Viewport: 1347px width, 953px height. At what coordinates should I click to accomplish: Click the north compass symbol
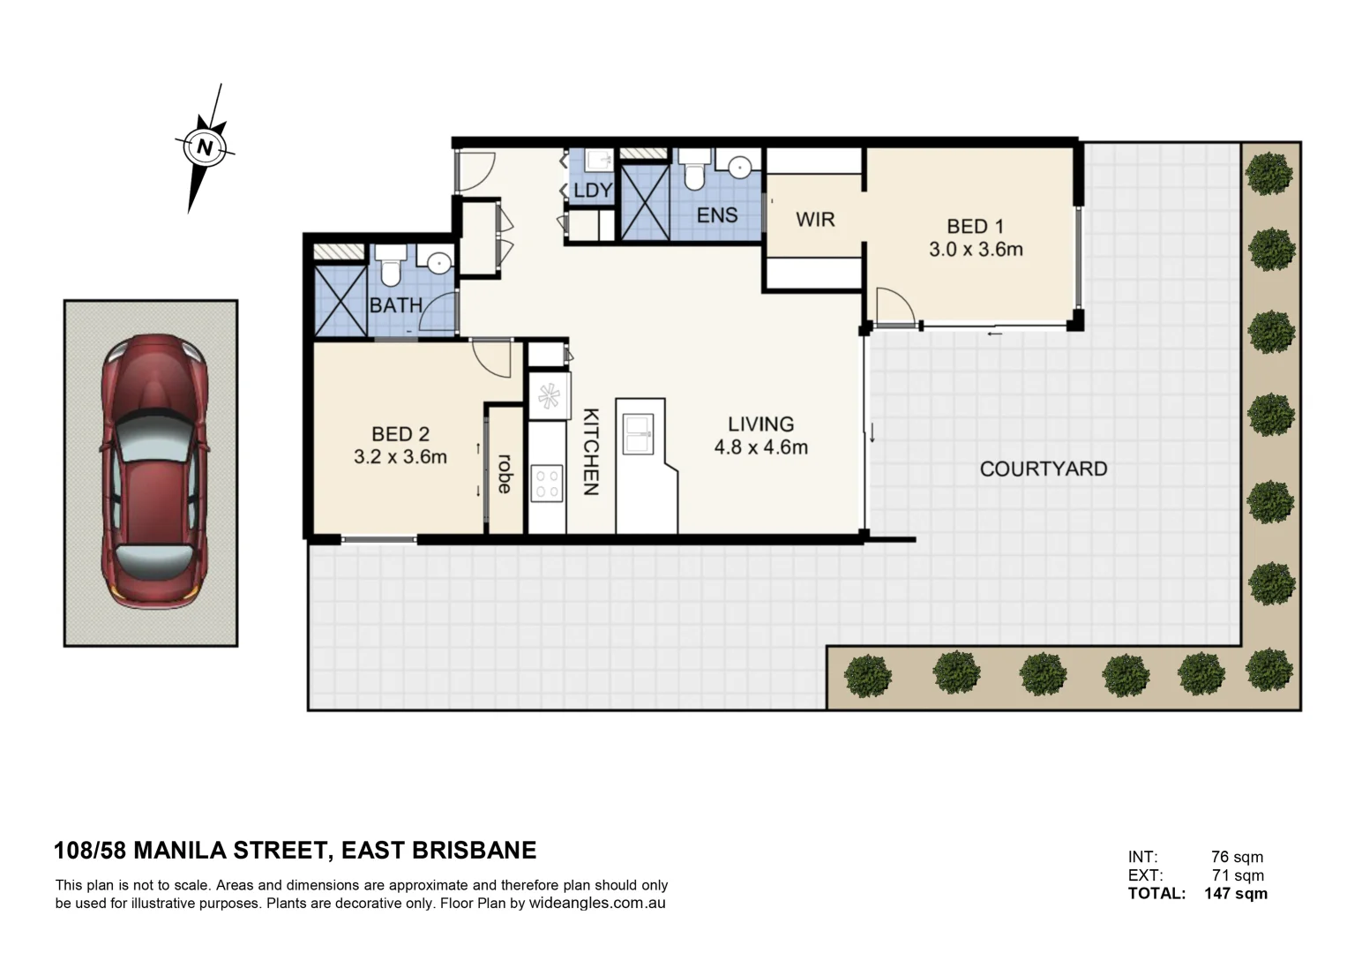point(206,146)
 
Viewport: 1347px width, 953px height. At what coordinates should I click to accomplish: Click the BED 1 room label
point(975,227)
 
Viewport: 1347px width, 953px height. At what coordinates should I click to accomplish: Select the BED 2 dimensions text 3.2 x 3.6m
point(400,457)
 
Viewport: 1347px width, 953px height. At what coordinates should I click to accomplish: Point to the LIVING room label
point(760,424)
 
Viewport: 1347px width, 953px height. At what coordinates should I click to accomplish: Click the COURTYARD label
point(1043,469)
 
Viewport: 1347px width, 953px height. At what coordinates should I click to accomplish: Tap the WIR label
point(814,219)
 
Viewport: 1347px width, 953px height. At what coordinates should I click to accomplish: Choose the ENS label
point(716,214)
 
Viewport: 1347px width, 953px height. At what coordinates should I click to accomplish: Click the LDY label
point(592,191)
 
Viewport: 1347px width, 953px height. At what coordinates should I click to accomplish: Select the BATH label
point(395,305)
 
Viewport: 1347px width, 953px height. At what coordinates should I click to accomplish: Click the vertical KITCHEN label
point(591,451)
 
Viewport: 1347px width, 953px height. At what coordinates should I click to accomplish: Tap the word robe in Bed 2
point(505,473)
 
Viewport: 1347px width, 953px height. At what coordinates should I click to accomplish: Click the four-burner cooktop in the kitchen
point(547,484)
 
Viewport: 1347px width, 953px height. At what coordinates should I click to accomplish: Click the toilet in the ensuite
point(695,170)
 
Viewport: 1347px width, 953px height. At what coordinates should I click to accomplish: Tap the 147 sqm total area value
point(1235,893)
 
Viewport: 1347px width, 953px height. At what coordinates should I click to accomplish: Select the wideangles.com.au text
point(597,904)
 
